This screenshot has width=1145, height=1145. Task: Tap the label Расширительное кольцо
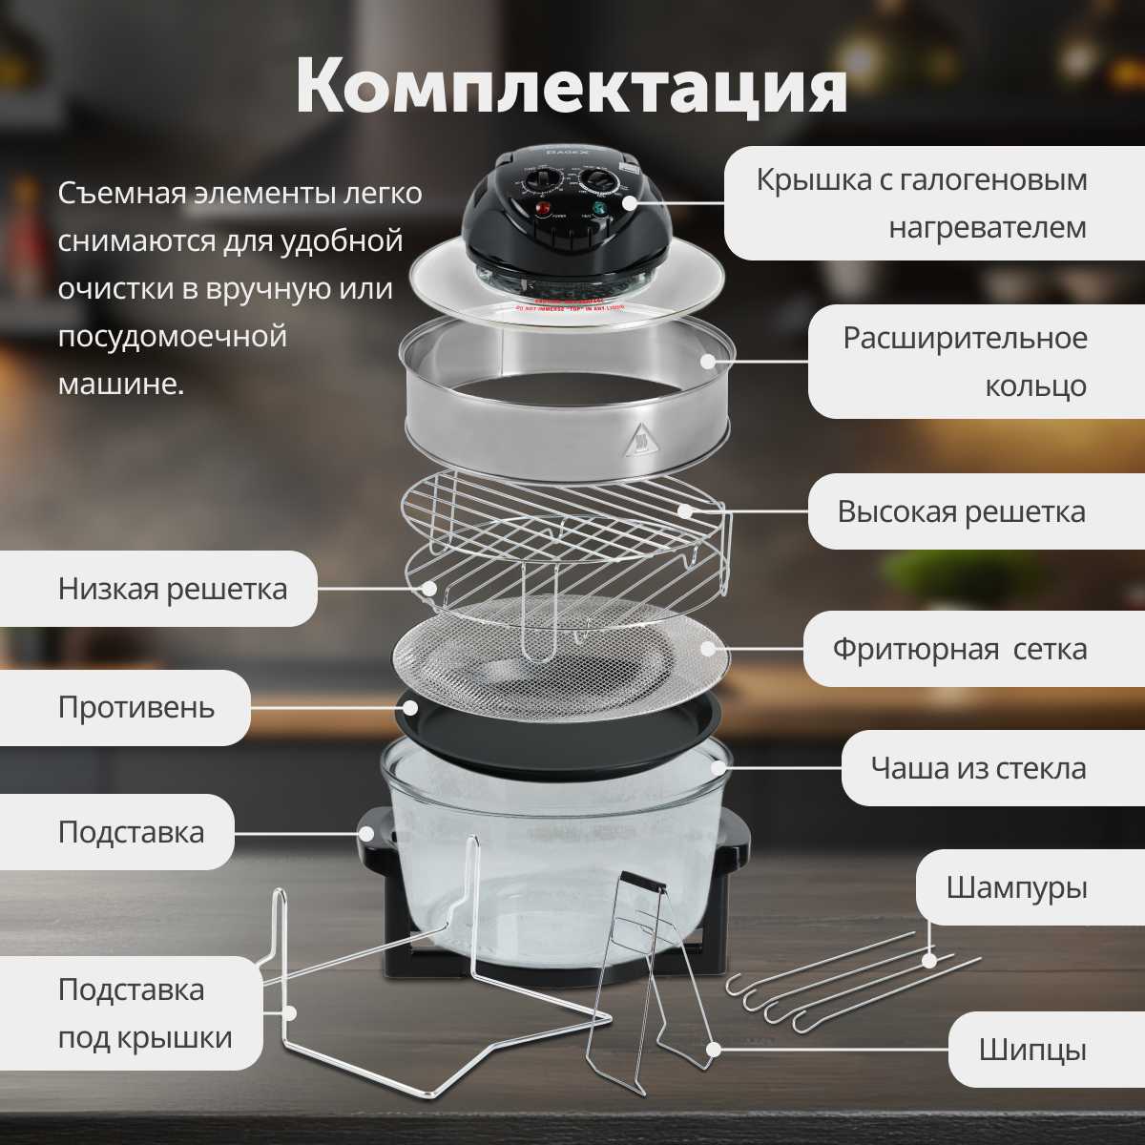[x=964, y=362]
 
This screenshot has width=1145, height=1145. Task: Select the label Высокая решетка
[x=961, y=511]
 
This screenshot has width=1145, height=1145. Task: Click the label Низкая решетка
[x=172, y=589]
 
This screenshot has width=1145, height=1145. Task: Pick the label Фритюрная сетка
[x=959, y=650]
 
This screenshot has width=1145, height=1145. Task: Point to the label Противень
[x=135, y=708]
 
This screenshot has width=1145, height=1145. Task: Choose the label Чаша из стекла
[x=978, y=768]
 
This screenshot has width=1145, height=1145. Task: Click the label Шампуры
[x=1016, y=887]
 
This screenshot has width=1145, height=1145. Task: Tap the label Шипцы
[x=1032, y=1051]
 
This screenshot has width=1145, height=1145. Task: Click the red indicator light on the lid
[x=541, y=210]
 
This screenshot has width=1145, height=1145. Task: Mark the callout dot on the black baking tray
[x=410, y=707]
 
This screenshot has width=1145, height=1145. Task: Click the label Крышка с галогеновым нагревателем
[x=921, y=203]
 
